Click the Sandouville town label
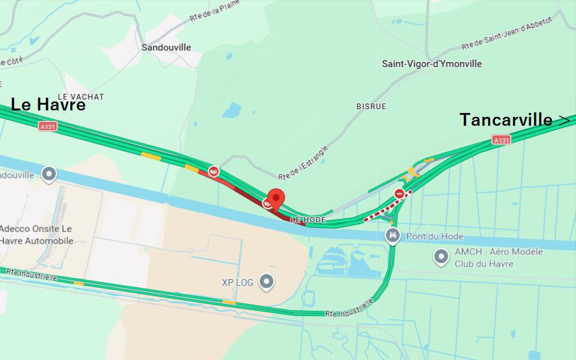point(166,47)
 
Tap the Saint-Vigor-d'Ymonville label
point(432,64)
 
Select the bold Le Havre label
point(48,105)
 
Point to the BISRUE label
point(371,106)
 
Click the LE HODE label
point(308,220)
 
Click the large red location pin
point(276,199)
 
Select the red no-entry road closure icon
point(399,193)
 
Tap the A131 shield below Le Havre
point(47,126)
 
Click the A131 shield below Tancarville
point(501,140)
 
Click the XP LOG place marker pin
point(267,281)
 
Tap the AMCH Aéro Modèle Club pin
point(441,257)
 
